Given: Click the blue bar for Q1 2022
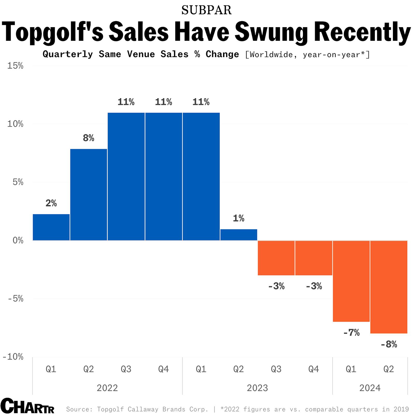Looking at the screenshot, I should point(51,227).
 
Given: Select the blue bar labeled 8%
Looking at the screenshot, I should point(88,195).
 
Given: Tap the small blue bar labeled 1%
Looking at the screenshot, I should point(239,235).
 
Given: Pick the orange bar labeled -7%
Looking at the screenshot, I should point(351,281).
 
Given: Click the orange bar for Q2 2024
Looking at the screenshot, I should point(389,287).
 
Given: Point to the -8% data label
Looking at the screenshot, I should point(389,344).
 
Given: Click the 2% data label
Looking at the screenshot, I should point(51,203).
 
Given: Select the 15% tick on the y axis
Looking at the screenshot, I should point(15,66).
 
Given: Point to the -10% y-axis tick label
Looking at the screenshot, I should point(13,357).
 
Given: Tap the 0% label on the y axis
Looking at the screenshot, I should point(18,240).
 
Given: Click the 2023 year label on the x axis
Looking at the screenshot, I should point(257,388).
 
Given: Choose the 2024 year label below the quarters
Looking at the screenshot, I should point(370,388).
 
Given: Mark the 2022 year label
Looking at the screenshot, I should point(107,388).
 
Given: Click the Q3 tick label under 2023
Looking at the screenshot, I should point(276,369).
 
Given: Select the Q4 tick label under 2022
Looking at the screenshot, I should point(163,369).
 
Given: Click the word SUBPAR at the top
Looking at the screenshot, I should point(206,10).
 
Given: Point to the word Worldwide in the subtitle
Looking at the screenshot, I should point(271,55).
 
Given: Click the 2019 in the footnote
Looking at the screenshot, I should point(401,409).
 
